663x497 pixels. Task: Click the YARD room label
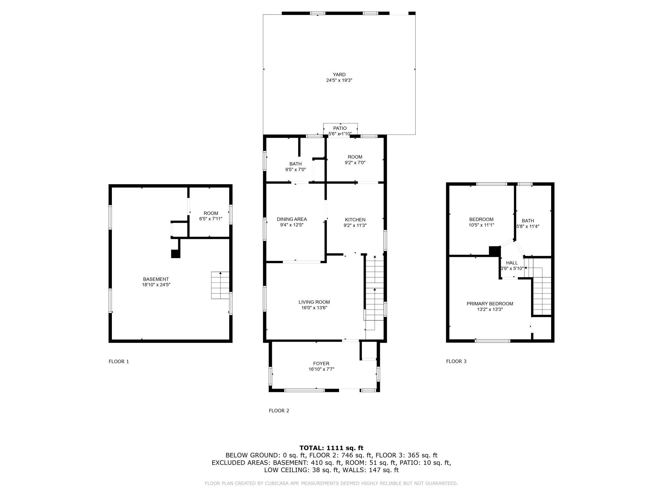coord(339,75)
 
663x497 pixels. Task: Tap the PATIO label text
coord(340,128)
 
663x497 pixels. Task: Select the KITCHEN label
coord(355,220)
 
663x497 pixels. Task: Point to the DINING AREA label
coord(292,219)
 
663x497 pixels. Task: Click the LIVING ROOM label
coord(314,302)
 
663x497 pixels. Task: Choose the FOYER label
coord(321,364)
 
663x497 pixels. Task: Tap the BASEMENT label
coord(156,279)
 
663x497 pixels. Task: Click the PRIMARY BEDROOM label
coord(490,304)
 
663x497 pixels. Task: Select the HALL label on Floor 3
coord(512,263)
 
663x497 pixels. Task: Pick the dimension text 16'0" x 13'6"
coord(314,308)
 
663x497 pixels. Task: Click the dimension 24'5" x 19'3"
coord(339,81)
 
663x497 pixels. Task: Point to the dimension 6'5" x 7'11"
coord(211,219)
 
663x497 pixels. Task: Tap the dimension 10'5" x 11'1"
coord(481,225)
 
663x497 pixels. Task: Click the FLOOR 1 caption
coord(119,361)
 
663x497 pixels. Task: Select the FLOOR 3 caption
coord(456,361)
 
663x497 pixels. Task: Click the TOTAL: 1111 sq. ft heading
coord(331,448)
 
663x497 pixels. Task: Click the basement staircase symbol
coord(220,285)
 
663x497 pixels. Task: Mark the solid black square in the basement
coord(176,254)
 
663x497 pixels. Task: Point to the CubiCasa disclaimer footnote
coord(331,483)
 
